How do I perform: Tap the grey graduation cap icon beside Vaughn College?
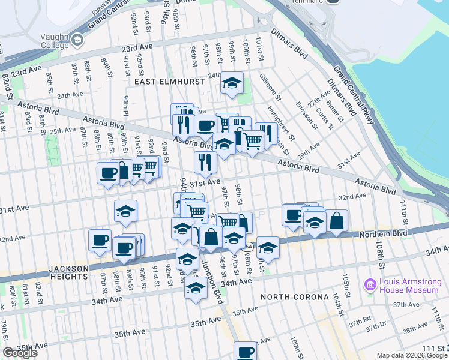(76, 40)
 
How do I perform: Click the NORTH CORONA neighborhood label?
(294, 297)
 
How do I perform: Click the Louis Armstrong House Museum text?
(409, 286)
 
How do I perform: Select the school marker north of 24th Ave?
(231, 84)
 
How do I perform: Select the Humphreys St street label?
(279, 127)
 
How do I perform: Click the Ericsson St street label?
(306, 114)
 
